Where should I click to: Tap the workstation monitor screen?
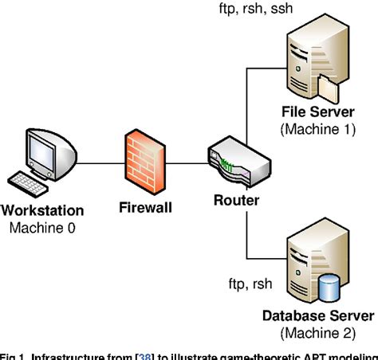tap(41, 149)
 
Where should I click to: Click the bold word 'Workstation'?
tap(44, 213)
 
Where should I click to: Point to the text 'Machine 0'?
tap(44, 228)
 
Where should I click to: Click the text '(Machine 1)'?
tap(318, 130)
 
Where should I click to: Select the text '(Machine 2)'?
tap(319, 333)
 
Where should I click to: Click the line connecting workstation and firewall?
tap(96, 165)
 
